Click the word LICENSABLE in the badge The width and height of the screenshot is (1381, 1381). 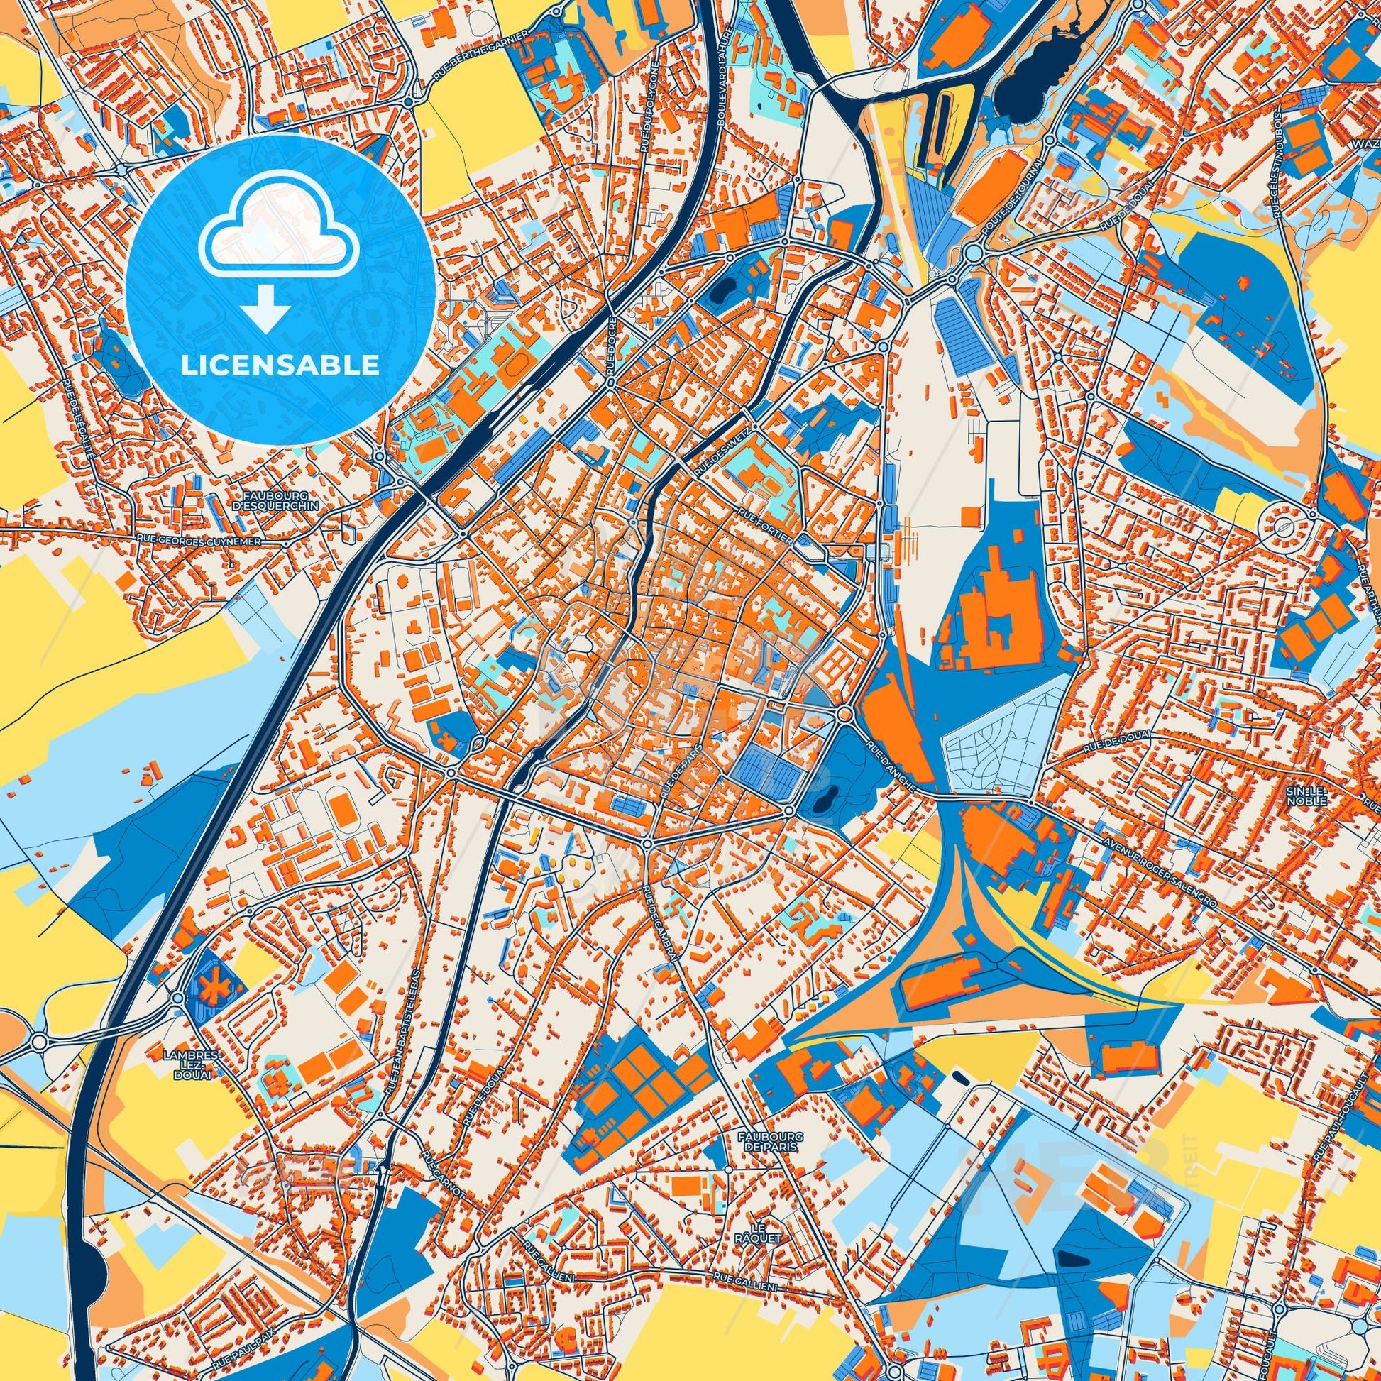click(x=280, y=365)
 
